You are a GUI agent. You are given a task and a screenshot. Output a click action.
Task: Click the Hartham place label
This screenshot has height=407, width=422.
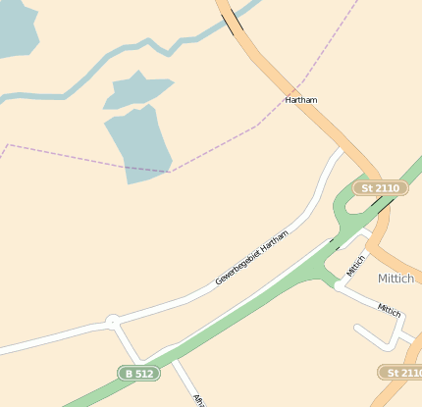point(301,100)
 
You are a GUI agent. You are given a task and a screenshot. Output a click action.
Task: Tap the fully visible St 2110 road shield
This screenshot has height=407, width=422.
point(380,187)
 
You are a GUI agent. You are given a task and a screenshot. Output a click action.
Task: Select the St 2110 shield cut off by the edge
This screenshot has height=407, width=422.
point(400,373)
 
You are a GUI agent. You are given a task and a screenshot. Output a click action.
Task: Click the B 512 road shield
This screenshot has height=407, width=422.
point(138,373)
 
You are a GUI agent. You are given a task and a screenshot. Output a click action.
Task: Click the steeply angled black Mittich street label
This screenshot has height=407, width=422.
point(355,265)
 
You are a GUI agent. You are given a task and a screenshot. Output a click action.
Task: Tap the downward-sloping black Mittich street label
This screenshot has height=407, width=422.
point(390,310)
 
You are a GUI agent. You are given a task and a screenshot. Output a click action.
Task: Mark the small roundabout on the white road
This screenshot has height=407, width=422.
point(112,321)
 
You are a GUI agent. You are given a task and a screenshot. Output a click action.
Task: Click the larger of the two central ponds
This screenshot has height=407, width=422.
point(140,142)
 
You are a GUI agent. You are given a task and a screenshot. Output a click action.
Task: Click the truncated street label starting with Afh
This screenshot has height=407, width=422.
point(198,400)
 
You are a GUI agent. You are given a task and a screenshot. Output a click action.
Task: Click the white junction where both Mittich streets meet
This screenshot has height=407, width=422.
point(339,285)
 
